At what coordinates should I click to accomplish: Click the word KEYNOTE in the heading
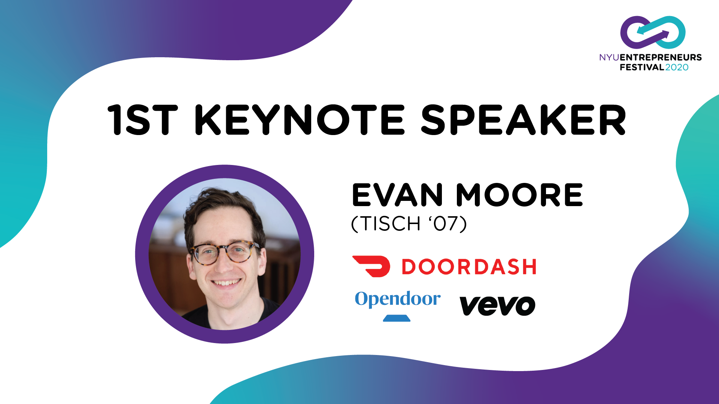point(300,120)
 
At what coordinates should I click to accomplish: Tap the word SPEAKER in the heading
point(524,120)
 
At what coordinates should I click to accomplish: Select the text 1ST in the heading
point(142,120)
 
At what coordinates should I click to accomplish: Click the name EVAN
point(397,195)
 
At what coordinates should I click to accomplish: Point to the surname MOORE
point(519,195)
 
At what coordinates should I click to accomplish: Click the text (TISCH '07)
point(409,224)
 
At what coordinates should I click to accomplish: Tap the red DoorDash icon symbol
point(371,266)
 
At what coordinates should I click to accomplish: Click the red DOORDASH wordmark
point(469,267)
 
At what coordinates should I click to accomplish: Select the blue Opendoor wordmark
point(398,299)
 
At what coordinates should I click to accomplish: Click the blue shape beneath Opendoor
point(397,318)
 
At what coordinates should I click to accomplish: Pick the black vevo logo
point(497,306)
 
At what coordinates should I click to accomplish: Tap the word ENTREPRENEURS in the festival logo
point(661,57)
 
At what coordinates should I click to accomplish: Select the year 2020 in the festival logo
point(677,67)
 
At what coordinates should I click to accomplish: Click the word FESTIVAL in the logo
point(642,67)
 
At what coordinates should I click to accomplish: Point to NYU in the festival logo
point(609,57)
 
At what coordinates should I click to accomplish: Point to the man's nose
point(225,264)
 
